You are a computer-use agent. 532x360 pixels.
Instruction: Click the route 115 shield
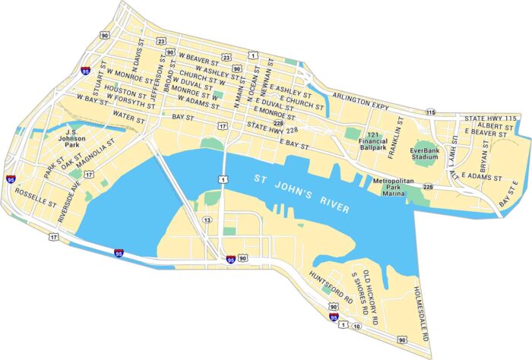pos(430,112)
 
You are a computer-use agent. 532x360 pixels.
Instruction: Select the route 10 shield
pos(356,326)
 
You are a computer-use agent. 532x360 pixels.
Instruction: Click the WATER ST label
pos(128,118)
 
